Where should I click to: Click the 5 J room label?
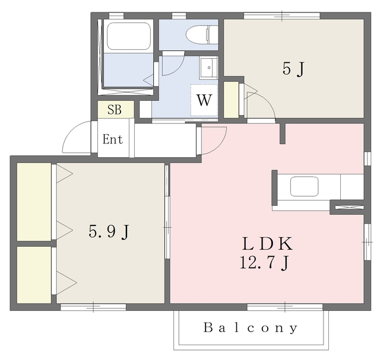[x=293, y=69]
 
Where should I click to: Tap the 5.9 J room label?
[x=109, y=232]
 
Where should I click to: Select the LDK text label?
[x=267, y=244]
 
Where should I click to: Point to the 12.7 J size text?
[x=264, y=263]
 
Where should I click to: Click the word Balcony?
[x=251, y=328]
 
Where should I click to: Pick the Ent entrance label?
[x=113, y=139]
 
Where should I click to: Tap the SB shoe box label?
[x=115, y=110]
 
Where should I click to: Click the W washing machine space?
[x=204, y=100]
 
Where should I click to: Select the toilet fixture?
[x=202, y=34]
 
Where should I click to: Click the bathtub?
[x=129, y=36]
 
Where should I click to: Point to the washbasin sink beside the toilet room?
[x=208, y=68]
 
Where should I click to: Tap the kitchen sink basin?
[x=304, y=186]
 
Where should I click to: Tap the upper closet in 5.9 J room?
[x=34, y=202]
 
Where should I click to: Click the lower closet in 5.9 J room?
[x=34, y=275]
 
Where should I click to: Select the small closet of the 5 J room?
[x=231, y=100]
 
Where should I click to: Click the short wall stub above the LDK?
[x=283, y=133]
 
